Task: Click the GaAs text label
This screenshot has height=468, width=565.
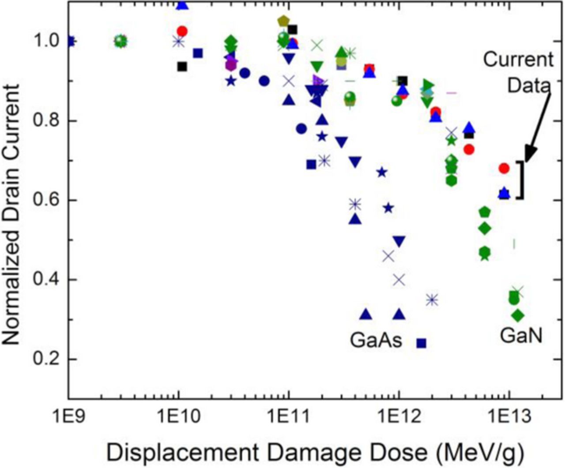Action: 376,341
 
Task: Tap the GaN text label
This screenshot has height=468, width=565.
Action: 521,336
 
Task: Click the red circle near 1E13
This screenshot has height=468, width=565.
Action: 504,168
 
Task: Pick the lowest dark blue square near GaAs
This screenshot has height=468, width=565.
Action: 422,343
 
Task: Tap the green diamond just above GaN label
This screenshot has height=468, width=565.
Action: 518,315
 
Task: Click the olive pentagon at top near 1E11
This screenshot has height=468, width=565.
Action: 283,21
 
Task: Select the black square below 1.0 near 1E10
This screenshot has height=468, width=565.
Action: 182,67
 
